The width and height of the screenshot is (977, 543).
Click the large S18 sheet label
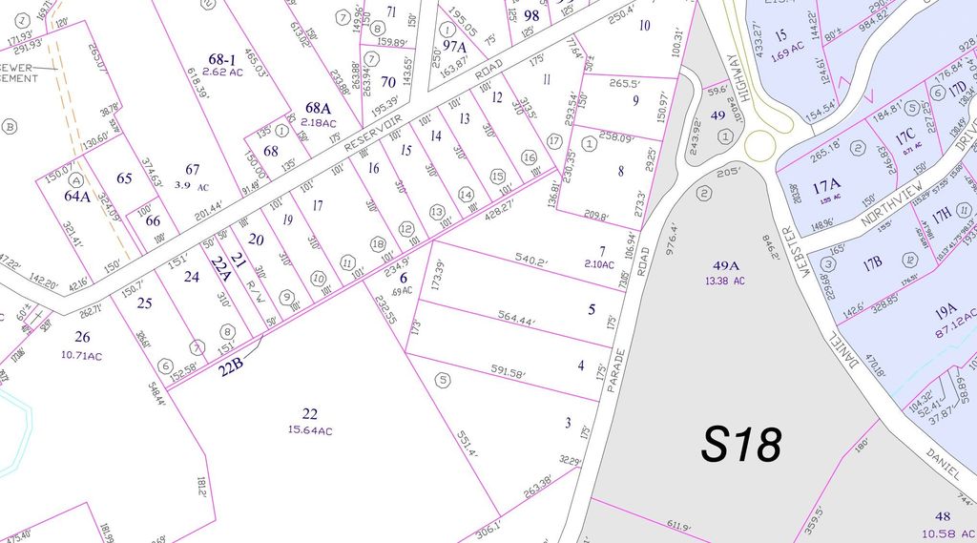[741, 444]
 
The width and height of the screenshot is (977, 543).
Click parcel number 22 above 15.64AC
[309, 413]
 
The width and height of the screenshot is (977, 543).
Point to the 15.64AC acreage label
[310, 430]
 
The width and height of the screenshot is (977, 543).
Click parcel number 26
[82, 336]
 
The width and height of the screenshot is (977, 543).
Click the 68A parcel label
[319, 108]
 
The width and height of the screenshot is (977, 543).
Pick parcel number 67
[193, 170]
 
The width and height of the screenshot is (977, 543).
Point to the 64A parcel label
[77, 196]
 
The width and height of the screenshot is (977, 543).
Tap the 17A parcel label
[826, 187]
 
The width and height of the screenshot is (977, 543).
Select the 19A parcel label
[945, 310]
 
